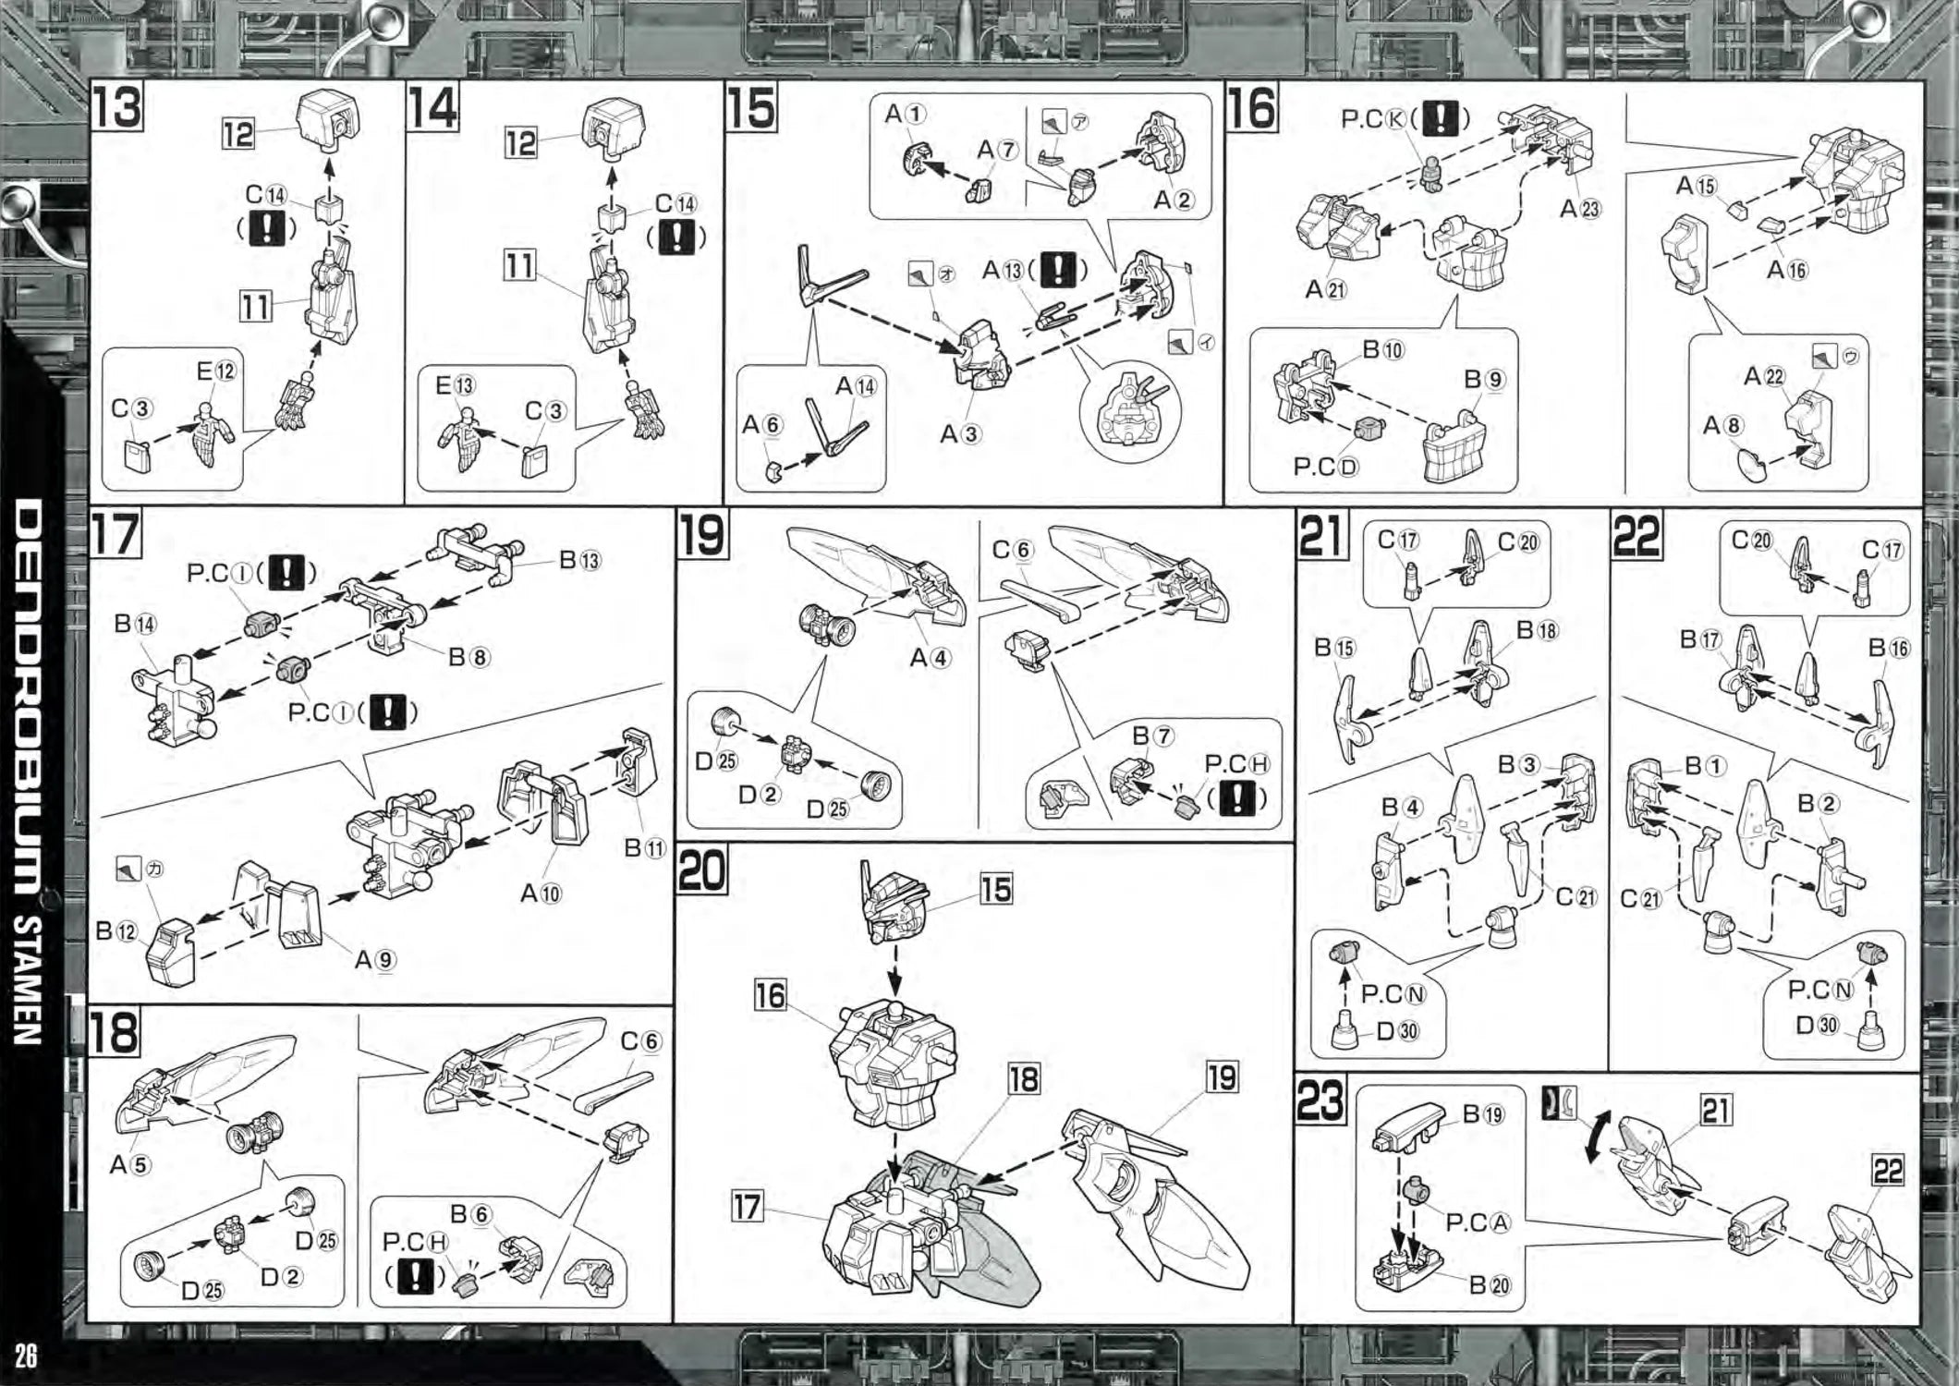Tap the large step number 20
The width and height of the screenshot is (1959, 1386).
click(702, 870)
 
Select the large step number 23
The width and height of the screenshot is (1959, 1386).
click(1320, 1100)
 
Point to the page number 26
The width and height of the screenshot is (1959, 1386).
click(26, 1356)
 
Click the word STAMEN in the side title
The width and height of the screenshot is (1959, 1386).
click(28, 979)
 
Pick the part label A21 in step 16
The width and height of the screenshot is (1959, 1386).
click(1325, 289)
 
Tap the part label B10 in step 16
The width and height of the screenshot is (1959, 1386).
click(1382, 350)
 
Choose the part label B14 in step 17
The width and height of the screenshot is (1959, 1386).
click(135, 624)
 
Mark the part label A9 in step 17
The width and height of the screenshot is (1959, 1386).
click(375, 960)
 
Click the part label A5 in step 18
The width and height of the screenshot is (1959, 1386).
click(129, 1164)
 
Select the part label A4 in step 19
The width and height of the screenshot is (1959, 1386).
click(930, 658)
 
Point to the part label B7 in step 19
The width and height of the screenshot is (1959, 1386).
click(1153, 736)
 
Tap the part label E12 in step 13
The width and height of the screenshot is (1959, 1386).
click(216, 371)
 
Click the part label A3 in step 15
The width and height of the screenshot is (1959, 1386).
click(960, 433)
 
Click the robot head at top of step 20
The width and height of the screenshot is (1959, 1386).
click(893, 901)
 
